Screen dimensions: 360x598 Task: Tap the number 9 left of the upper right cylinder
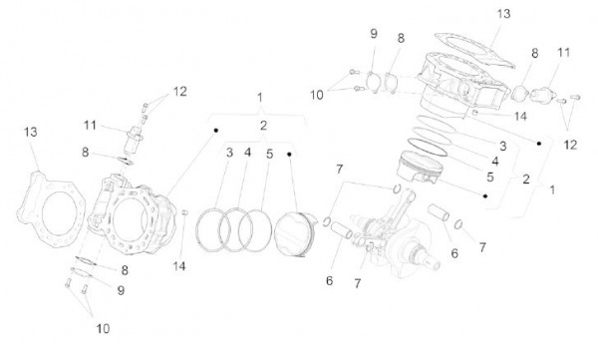point(374,34)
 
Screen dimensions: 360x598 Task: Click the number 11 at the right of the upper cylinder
point(563,51)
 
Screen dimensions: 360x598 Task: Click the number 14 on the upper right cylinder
point(492,117)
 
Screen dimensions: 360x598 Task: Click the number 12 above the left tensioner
point(178,92)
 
